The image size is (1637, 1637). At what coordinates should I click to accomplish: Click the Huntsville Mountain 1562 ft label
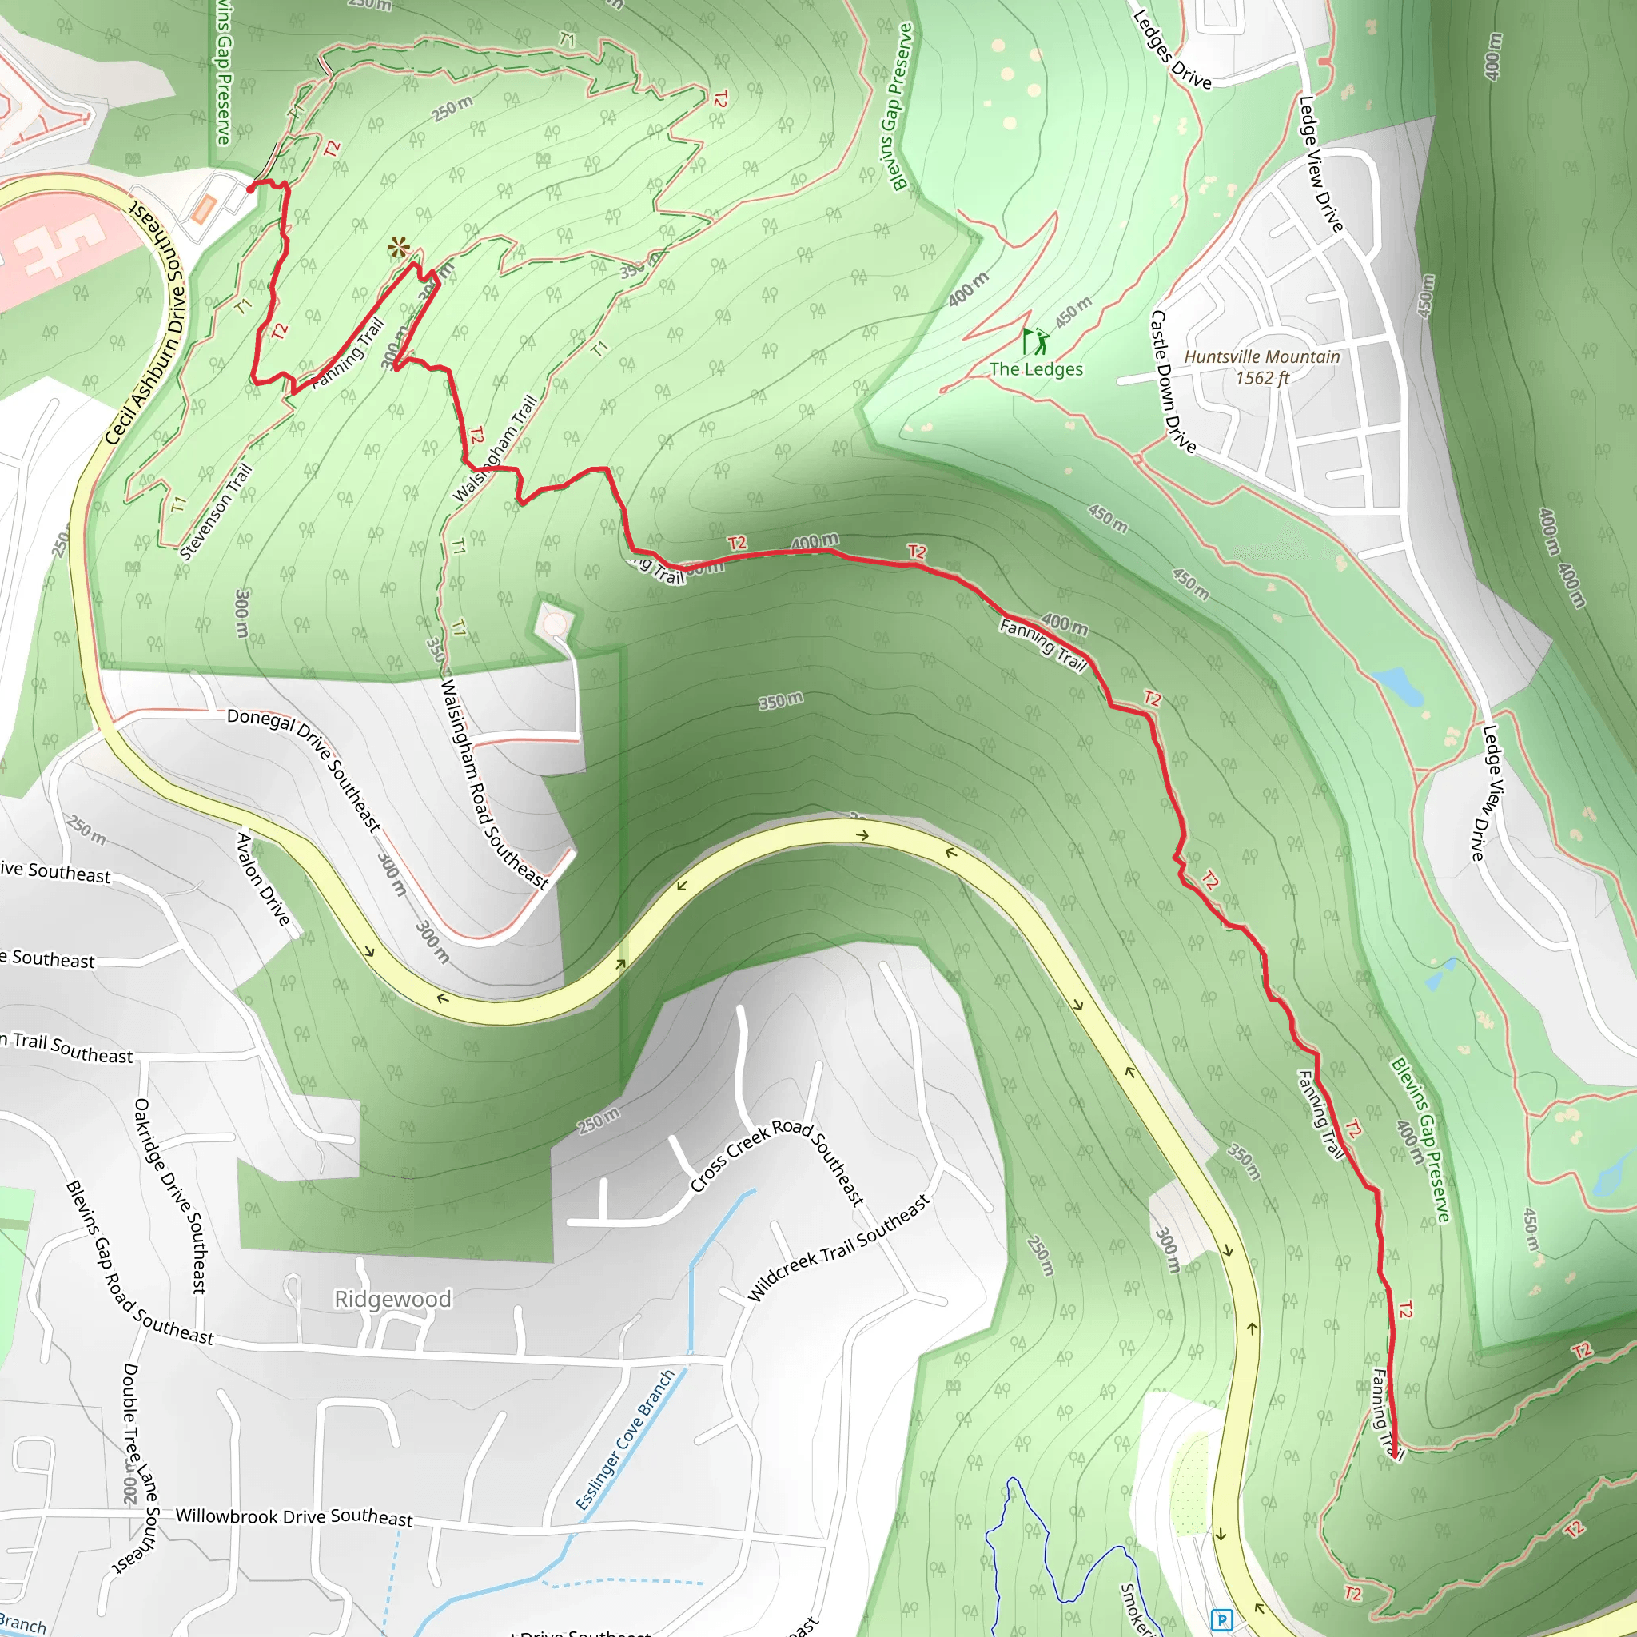[1261, 367]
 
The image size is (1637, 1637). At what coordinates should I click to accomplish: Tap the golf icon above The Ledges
[1034, 341]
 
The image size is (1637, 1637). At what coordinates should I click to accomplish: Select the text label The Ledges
[1035, 369]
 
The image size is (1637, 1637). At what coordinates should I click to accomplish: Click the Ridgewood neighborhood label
[392, 1299]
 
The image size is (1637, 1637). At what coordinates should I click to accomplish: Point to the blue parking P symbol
[1221, 1619]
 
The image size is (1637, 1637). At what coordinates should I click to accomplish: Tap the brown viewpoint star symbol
[398, 249]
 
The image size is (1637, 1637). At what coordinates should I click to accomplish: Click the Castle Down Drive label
[1172, 381]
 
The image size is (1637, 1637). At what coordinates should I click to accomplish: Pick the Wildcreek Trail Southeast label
[838, 1246]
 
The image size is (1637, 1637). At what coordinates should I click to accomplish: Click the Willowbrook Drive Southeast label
[294, 1516]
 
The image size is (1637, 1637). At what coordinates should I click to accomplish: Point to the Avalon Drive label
[263, 878]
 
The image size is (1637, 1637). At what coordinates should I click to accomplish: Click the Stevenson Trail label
[217, 512]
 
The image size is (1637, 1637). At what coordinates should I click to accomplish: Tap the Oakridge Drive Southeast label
[169, 1196]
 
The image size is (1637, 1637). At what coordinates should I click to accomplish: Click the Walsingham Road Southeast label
[495, 785]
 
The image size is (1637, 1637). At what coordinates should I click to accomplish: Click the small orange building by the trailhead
[204, 209]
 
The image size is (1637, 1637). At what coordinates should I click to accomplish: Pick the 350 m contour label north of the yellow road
[780, 701]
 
